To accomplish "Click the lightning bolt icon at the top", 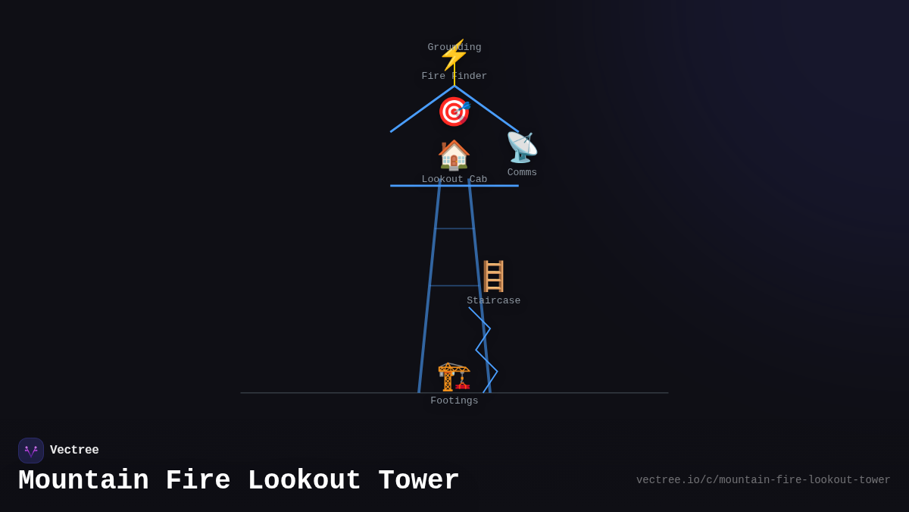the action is [454, 56].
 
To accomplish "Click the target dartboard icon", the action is [454, 112].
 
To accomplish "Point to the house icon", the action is [454, 155].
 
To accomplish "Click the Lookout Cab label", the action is [454, 180].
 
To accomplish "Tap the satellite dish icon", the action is [522, 147].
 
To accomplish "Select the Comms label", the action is [522, 173].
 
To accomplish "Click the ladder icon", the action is [494, 276].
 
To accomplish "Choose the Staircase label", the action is [494, 301].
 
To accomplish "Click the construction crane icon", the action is [454, 376].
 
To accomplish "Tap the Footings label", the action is [454, 401].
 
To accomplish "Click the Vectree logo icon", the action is [31, 451].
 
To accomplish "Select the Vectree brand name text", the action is [74, 451].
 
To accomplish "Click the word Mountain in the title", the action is [83, 481].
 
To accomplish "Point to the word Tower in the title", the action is [418, 481].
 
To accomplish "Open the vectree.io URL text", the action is [763, 480].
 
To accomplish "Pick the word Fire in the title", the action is [198, 481].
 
